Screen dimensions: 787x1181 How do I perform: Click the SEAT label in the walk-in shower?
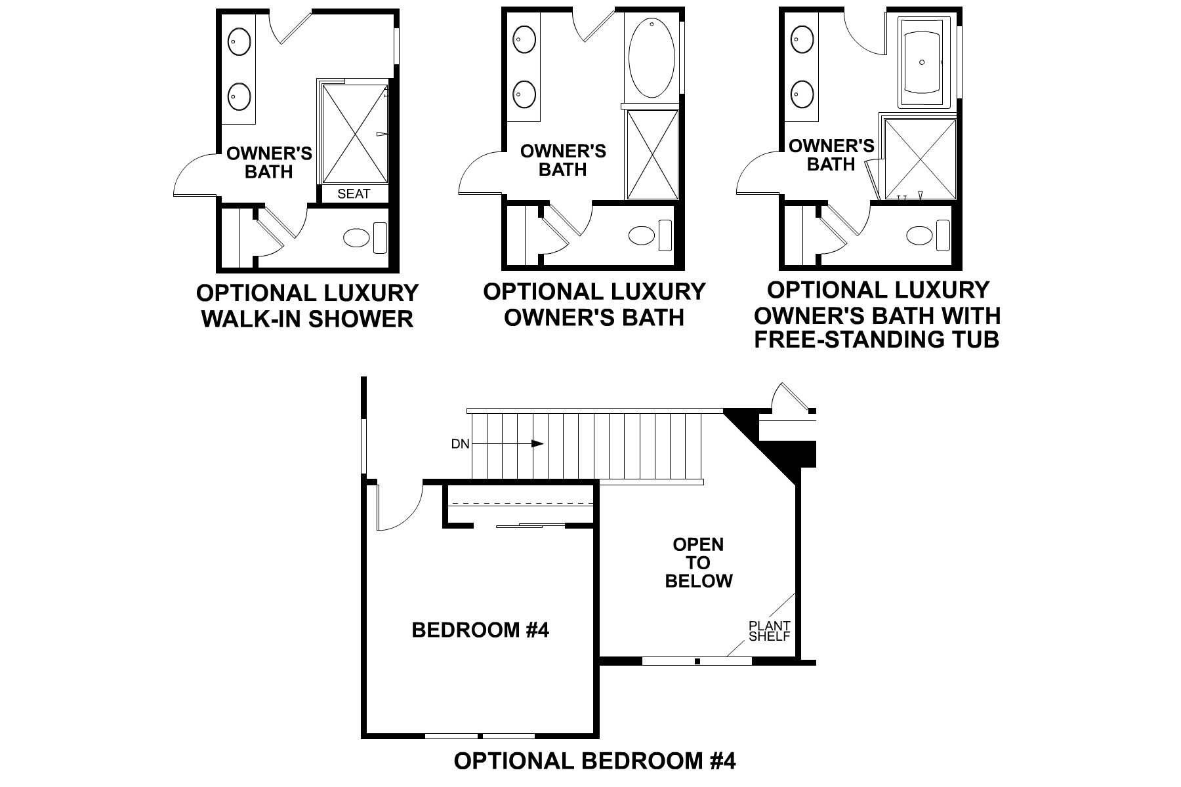click(x=354, y=193)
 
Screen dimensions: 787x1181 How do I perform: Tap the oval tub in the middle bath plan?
click(x=652, y=60)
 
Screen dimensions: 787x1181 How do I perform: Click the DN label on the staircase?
click(x=461, y=444)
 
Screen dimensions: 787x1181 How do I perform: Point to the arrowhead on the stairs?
click(x=537, y=444)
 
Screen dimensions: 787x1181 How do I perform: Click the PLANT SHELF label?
click(x=770, y=631)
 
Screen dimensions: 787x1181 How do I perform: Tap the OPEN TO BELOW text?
click(x=698, y=563)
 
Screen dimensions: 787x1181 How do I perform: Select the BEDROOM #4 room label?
click(x=480, y=630)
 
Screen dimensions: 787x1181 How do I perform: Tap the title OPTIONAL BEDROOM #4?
click(x=594, y=761)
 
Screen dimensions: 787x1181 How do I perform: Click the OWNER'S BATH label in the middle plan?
click(x=563, y=161)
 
